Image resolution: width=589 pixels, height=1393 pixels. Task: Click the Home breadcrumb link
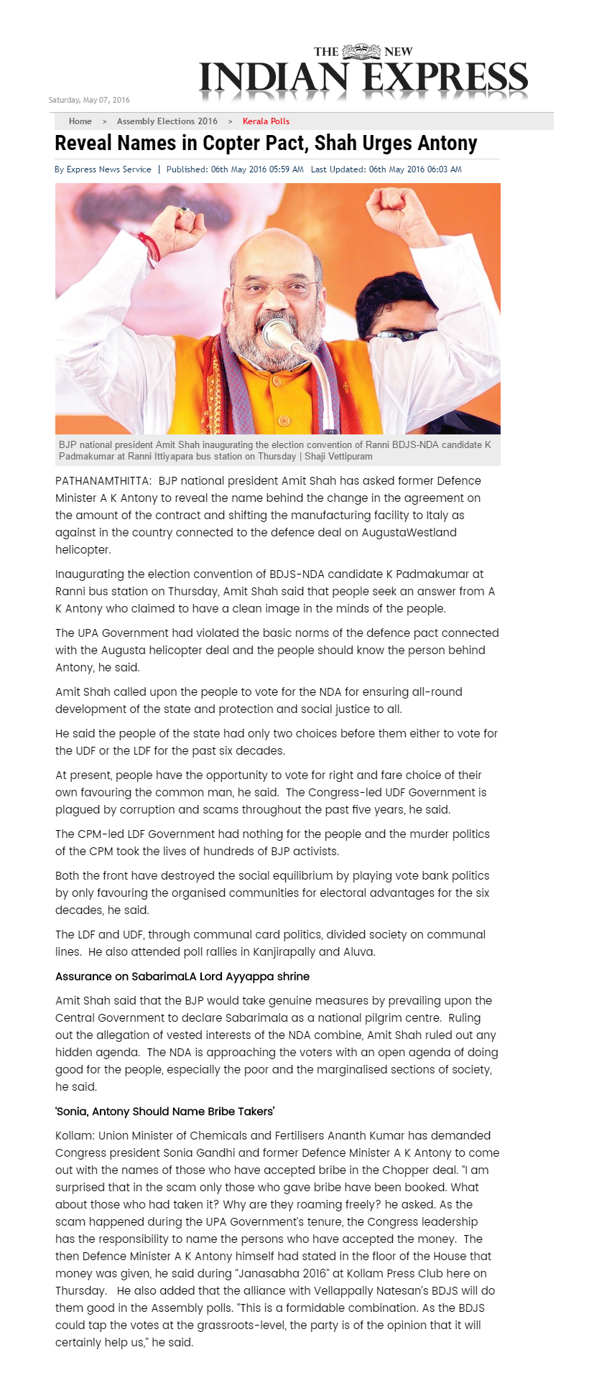(80, 121)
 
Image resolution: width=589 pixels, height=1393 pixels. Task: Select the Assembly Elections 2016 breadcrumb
(167, 121)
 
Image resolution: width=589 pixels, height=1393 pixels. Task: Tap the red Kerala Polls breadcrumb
(266, 121)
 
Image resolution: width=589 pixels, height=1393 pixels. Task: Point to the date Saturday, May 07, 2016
(89, 100)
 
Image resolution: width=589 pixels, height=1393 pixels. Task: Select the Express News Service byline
(108, 169)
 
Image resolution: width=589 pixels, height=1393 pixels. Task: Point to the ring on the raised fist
(185, 210)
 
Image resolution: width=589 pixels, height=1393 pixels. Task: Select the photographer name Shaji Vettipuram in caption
(338, 456)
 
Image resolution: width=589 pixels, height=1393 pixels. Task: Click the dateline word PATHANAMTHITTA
(103, 480)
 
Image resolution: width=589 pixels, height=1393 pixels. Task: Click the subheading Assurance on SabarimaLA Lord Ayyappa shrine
(182, 976)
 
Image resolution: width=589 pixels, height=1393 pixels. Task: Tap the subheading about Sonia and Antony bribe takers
(165, 1111)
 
